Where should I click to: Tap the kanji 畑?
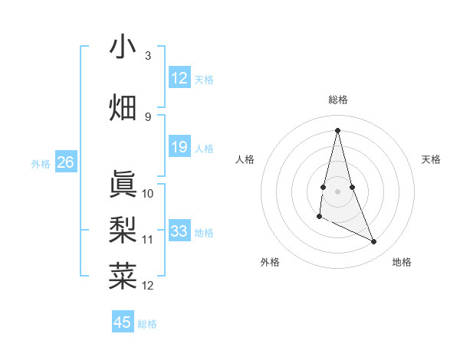tap(123, 106)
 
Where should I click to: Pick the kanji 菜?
tap(123, 275)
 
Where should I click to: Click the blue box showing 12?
tap(179, 78)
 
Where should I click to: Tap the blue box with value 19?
tap(179, 147)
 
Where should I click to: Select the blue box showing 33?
tap(179, 231)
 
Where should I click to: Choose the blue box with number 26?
tap(66, 162)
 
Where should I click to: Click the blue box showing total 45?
tap(123, 322)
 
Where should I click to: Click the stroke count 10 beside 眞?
tap(148, 193)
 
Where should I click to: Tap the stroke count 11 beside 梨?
tap(148, 239)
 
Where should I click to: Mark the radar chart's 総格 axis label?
tap(338, 100)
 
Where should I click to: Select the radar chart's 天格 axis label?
tap(431, 159)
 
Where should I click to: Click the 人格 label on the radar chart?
tap(245, 159)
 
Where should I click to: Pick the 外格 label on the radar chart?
tap(270, 262)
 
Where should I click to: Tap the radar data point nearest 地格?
tap(374, 242)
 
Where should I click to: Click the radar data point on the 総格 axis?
tap(338, 130)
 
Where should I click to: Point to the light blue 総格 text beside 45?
tap(148, 324)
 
